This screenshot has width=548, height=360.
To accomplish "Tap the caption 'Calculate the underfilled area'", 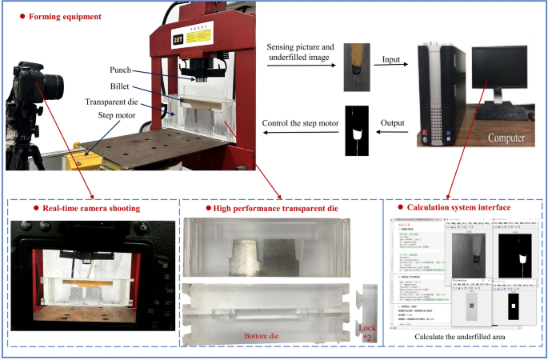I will tap(462, 337).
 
